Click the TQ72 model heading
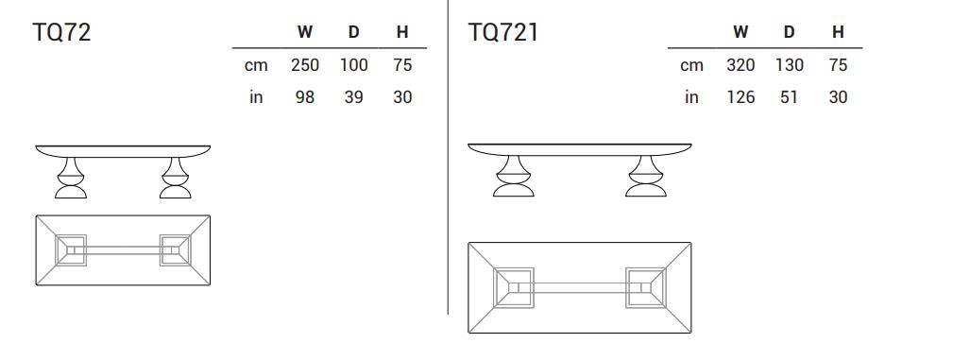point(61,32)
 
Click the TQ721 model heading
point(502,32)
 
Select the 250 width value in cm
point(304,65)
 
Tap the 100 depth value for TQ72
point(354,65)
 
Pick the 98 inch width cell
point(304,97)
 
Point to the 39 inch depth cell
point(354,97)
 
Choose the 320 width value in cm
point(740,65)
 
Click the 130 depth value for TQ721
point(789,65)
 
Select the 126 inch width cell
point(740,97)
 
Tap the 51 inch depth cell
point(789,97)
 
